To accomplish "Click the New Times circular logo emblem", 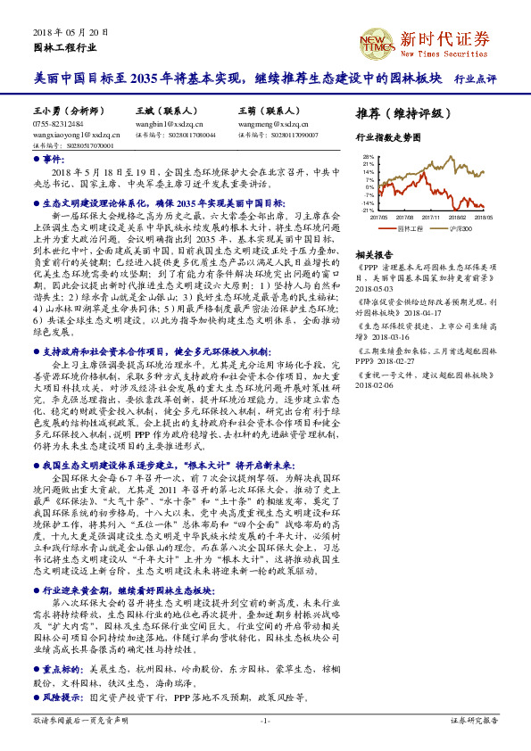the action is pos(376,41).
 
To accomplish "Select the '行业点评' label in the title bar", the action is pos(475,78).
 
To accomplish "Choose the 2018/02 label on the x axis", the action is pos(457,216).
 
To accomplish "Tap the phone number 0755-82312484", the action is pos(58,124).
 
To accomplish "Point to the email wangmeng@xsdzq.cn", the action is pos(268,124).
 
